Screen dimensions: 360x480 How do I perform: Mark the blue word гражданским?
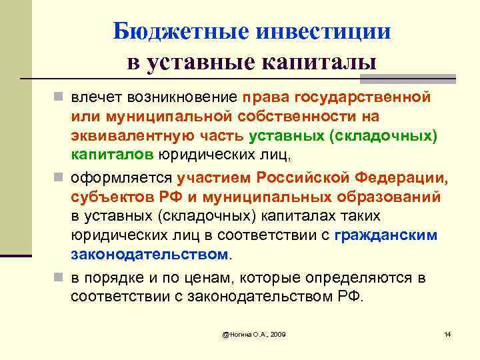pyautogui.click(x=386, y=235)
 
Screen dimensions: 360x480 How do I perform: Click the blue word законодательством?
pyautogui.click(x=149, y=255)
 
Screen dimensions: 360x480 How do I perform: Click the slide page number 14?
pyautogui.click(x=447, y=333)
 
